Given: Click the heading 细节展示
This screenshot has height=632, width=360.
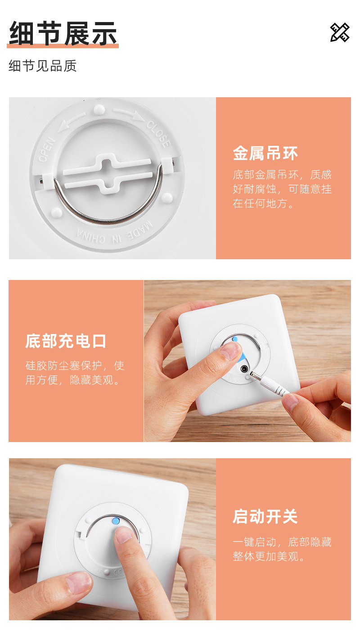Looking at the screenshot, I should (63, 34).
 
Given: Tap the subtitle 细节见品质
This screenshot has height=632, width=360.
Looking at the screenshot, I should (43, 66).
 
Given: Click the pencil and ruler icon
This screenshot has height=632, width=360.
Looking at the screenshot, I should (340, 32).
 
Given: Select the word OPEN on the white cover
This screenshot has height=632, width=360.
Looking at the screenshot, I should (46, 150).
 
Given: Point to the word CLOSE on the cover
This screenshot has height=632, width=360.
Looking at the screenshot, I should (159, 134).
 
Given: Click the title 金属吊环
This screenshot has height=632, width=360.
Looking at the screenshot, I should (265, 153).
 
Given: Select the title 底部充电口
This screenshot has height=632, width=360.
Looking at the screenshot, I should (66, 341).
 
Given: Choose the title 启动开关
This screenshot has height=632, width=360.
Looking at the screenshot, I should (265, 516).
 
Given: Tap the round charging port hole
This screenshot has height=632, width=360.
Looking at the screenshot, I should (244, 369).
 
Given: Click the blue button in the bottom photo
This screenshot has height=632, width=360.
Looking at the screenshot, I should (115, 521).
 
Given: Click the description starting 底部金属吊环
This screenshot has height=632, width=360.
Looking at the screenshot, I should (282, 189).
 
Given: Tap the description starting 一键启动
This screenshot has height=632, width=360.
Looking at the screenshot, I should (282, 549).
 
